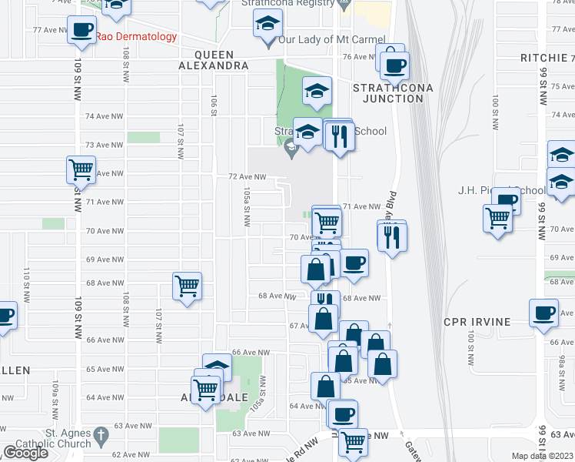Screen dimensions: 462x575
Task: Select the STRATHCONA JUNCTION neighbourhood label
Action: tap(392, 93)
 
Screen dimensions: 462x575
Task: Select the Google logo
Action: tap(25, 453)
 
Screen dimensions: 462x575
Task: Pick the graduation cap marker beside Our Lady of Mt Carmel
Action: tap(268, 27)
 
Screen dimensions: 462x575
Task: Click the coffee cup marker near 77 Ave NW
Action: tap(81, 31)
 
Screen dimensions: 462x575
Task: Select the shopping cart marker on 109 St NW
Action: tap(81, 169)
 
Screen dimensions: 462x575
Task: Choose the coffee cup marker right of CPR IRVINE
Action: tap(543, 313)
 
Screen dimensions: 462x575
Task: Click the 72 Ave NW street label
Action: tap(247, 176)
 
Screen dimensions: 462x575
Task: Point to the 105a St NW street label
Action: tap(247, 206)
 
